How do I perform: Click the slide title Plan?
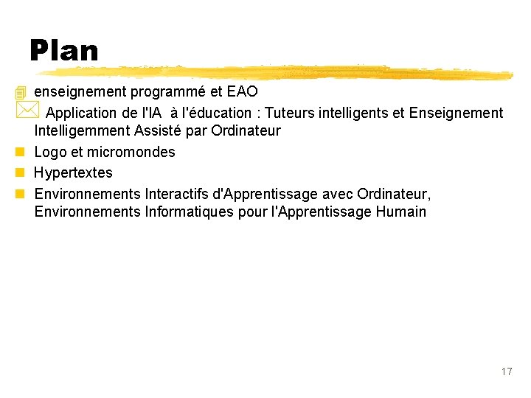click(64, 51)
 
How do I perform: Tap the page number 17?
click(506, 371)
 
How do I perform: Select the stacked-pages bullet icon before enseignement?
click(20, 93)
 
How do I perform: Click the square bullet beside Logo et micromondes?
click(19, 153)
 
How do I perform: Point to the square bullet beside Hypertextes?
click(19, 173)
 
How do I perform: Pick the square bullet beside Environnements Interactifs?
click(19, 194)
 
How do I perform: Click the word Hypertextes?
click(74, 172)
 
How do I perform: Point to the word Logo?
click(50, 152)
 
